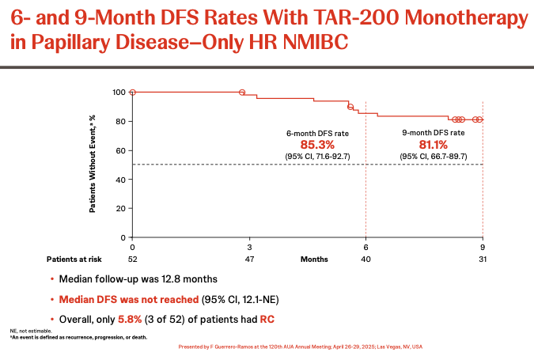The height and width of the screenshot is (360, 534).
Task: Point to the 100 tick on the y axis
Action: (x=119, y=93)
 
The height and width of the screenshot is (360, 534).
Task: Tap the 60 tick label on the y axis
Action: (x=121, y=150)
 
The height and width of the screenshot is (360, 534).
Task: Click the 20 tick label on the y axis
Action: (x=121, y=208)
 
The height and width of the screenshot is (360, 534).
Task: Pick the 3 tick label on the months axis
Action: (x=249, y=247)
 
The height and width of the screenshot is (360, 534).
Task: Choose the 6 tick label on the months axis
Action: (x=365, y=247)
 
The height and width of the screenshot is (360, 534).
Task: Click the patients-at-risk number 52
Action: (x=132, y=259)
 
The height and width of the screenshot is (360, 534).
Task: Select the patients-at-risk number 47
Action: (x=249, y=259)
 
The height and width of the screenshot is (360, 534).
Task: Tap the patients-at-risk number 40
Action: (x=365, y=259)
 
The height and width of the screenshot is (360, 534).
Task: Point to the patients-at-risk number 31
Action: (x=482, y=259)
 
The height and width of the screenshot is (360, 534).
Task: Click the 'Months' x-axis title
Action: (x=315, y=259)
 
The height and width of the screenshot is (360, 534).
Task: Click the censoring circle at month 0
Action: (x=132, y=93)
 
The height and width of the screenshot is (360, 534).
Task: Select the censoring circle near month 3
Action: (x=242, y=93)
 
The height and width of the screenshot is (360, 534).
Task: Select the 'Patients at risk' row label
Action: (x=73, y=259)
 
